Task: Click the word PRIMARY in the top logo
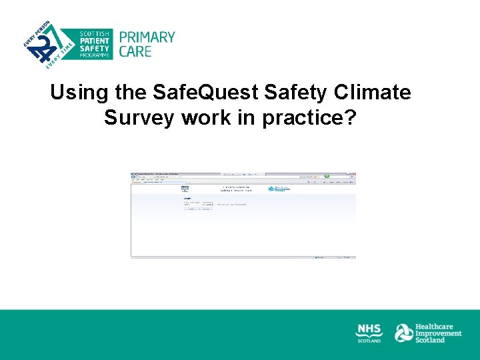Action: click(147, 37)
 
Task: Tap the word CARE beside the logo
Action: click(135, 51)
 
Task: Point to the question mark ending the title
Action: click(351, 118)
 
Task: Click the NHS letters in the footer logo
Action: click(369, 329)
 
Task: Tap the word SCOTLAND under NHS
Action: click(369, 340)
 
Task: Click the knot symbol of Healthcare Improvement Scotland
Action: click(403, 333)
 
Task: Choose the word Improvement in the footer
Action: click(438, 333)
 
